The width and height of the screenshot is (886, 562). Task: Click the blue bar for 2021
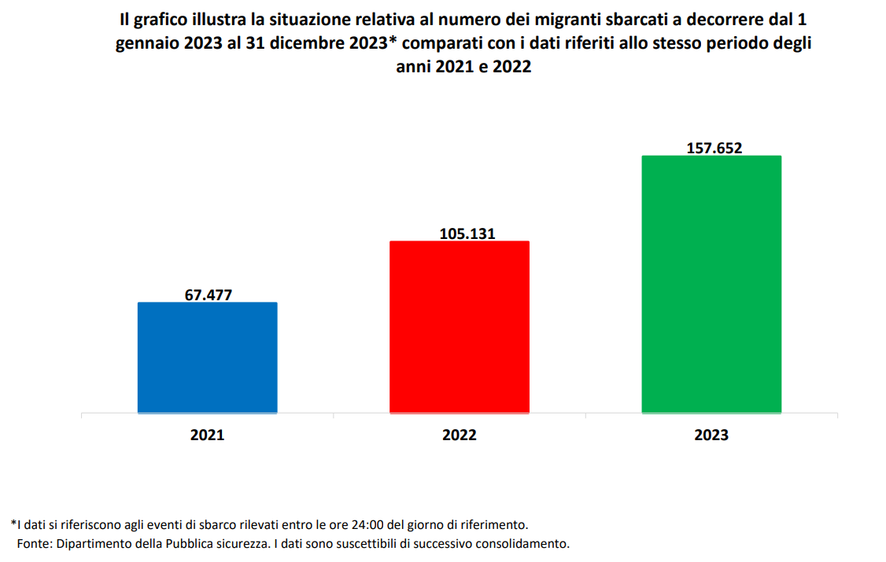tap(207, 358)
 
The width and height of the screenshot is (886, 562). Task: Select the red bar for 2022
tap(460, 327)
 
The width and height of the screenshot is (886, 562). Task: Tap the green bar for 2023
tap(711, 284)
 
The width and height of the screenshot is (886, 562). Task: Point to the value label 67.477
tap(209, 295)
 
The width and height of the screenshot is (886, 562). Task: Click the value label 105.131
tap(461, 233)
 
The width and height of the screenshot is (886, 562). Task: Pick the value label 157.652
tap(714, 148)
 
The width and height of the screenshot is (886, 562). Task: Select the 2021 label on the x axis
tap(207, 435)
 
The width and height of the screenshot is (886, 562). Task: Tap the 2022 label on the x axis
tap(460, 435)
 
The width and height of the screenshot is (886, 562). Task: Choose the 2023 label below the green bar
tap(711, 435)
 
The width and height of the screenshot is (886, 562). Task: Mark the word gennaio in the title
tap(146, 43)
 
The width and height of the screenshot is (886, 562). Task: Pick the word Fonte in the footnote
tap(31, 543)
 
